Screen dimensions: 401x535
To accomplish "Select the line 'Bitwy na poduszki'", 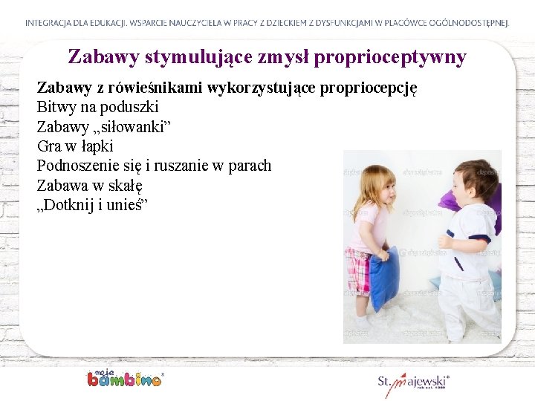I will tap(97, 107).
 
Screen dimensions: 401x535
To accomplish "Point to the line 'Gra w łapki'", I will tap(75, 146).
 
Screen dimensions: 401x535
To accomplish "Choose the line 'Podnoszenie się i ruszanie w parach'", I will tap(154, 166).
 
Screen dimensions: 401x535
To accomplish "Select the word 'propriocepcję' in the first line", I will tap(368, 88).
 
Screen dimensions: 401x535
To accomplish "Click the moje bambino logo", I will tap(124, 378).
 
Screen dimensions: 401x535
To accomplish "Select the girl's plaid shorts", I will tap(359, 272).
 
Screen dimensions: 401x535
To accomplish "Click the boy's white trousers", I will tap(466, 304).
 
